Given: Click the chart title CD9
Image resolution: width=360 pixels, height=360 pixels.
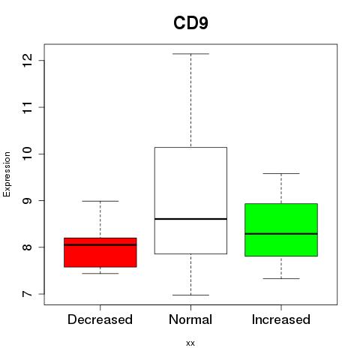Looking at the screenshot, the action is tap(190, 22).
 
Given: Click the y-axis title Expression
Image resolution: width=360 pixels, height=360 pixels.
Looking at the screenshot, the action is tap(7, 174).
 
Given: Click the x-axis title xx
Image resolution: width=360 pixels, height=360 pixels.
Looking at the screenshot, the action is tap(190, 343).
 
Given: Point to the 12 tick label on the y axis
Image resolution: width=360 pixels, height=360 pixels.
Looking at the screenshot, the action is tap(28, 60).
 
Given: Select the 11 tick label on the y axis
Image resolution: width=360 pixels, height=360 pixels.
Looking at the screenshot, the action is tap(28, 107).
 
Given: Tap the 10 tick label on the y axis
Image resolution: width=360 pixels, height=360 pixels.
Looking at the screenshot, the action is tap(28, 154).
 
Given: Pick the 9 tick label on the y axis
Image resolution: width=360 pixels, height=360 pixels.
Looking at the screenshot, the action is tap(28, 200).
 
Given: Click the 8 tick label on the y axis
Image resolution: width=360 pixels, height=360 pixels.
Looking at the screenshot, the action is tap(28, 247).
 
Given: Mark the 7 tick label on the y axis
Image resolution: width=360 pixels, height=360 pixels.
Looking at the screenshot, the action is tap(28, 294).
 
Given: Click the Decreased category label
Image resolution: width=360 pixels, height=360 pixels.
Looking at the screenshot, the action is tap(100, 319).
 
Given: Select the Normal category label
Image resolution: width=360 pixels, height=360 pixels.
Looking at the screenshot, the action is tap(190, 319).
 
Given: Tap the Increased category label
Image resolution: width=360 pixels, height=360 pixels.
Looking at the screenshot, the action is tap(281, 319).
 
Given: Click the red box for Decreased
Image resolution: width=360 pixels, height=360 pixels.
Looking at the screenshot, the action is tap(100, 253).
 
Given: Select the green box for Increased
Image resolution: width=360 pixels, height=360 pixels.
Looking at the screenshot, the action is tap(281, 230).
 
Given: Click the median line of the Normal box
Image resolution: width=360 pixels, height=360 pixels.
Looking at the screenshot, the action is tap(190, 219).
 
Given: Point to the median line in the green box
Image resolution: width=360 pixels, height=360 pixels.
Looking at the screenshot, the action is tap(281, 234).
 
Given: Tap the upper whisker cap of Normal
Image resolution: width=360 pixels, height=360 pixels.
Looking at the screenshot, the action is tap(190, 54).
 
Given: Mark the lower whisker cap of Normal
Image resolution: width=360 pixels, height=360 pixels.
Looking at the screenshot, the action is tap(190, 295).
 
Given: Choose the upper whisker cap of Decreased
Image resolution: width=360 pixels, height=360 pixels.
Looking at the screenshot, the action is tap(100, 201).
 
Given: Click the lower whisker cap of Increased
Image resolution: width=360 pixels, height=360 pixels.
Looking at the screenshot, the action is tap(281, 278).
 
